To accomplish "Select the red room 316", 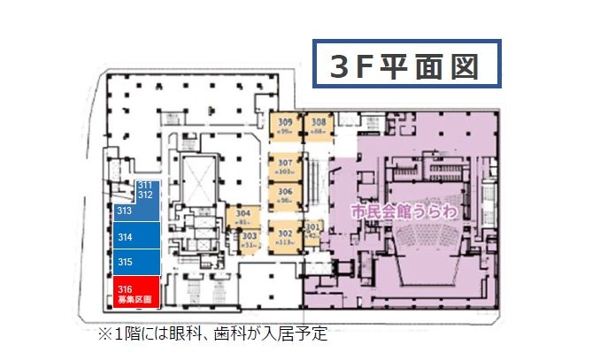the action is coord(135,292).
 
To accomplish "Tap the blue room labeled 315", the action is coord(135,262).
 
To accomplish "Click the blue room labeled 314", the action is coord(135,236).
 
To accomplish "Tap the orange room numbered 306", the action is coord(285,195).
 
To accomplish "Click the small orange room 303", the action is coord(250,238).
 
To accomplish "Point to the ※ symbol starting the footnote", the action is coord(103,336).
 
